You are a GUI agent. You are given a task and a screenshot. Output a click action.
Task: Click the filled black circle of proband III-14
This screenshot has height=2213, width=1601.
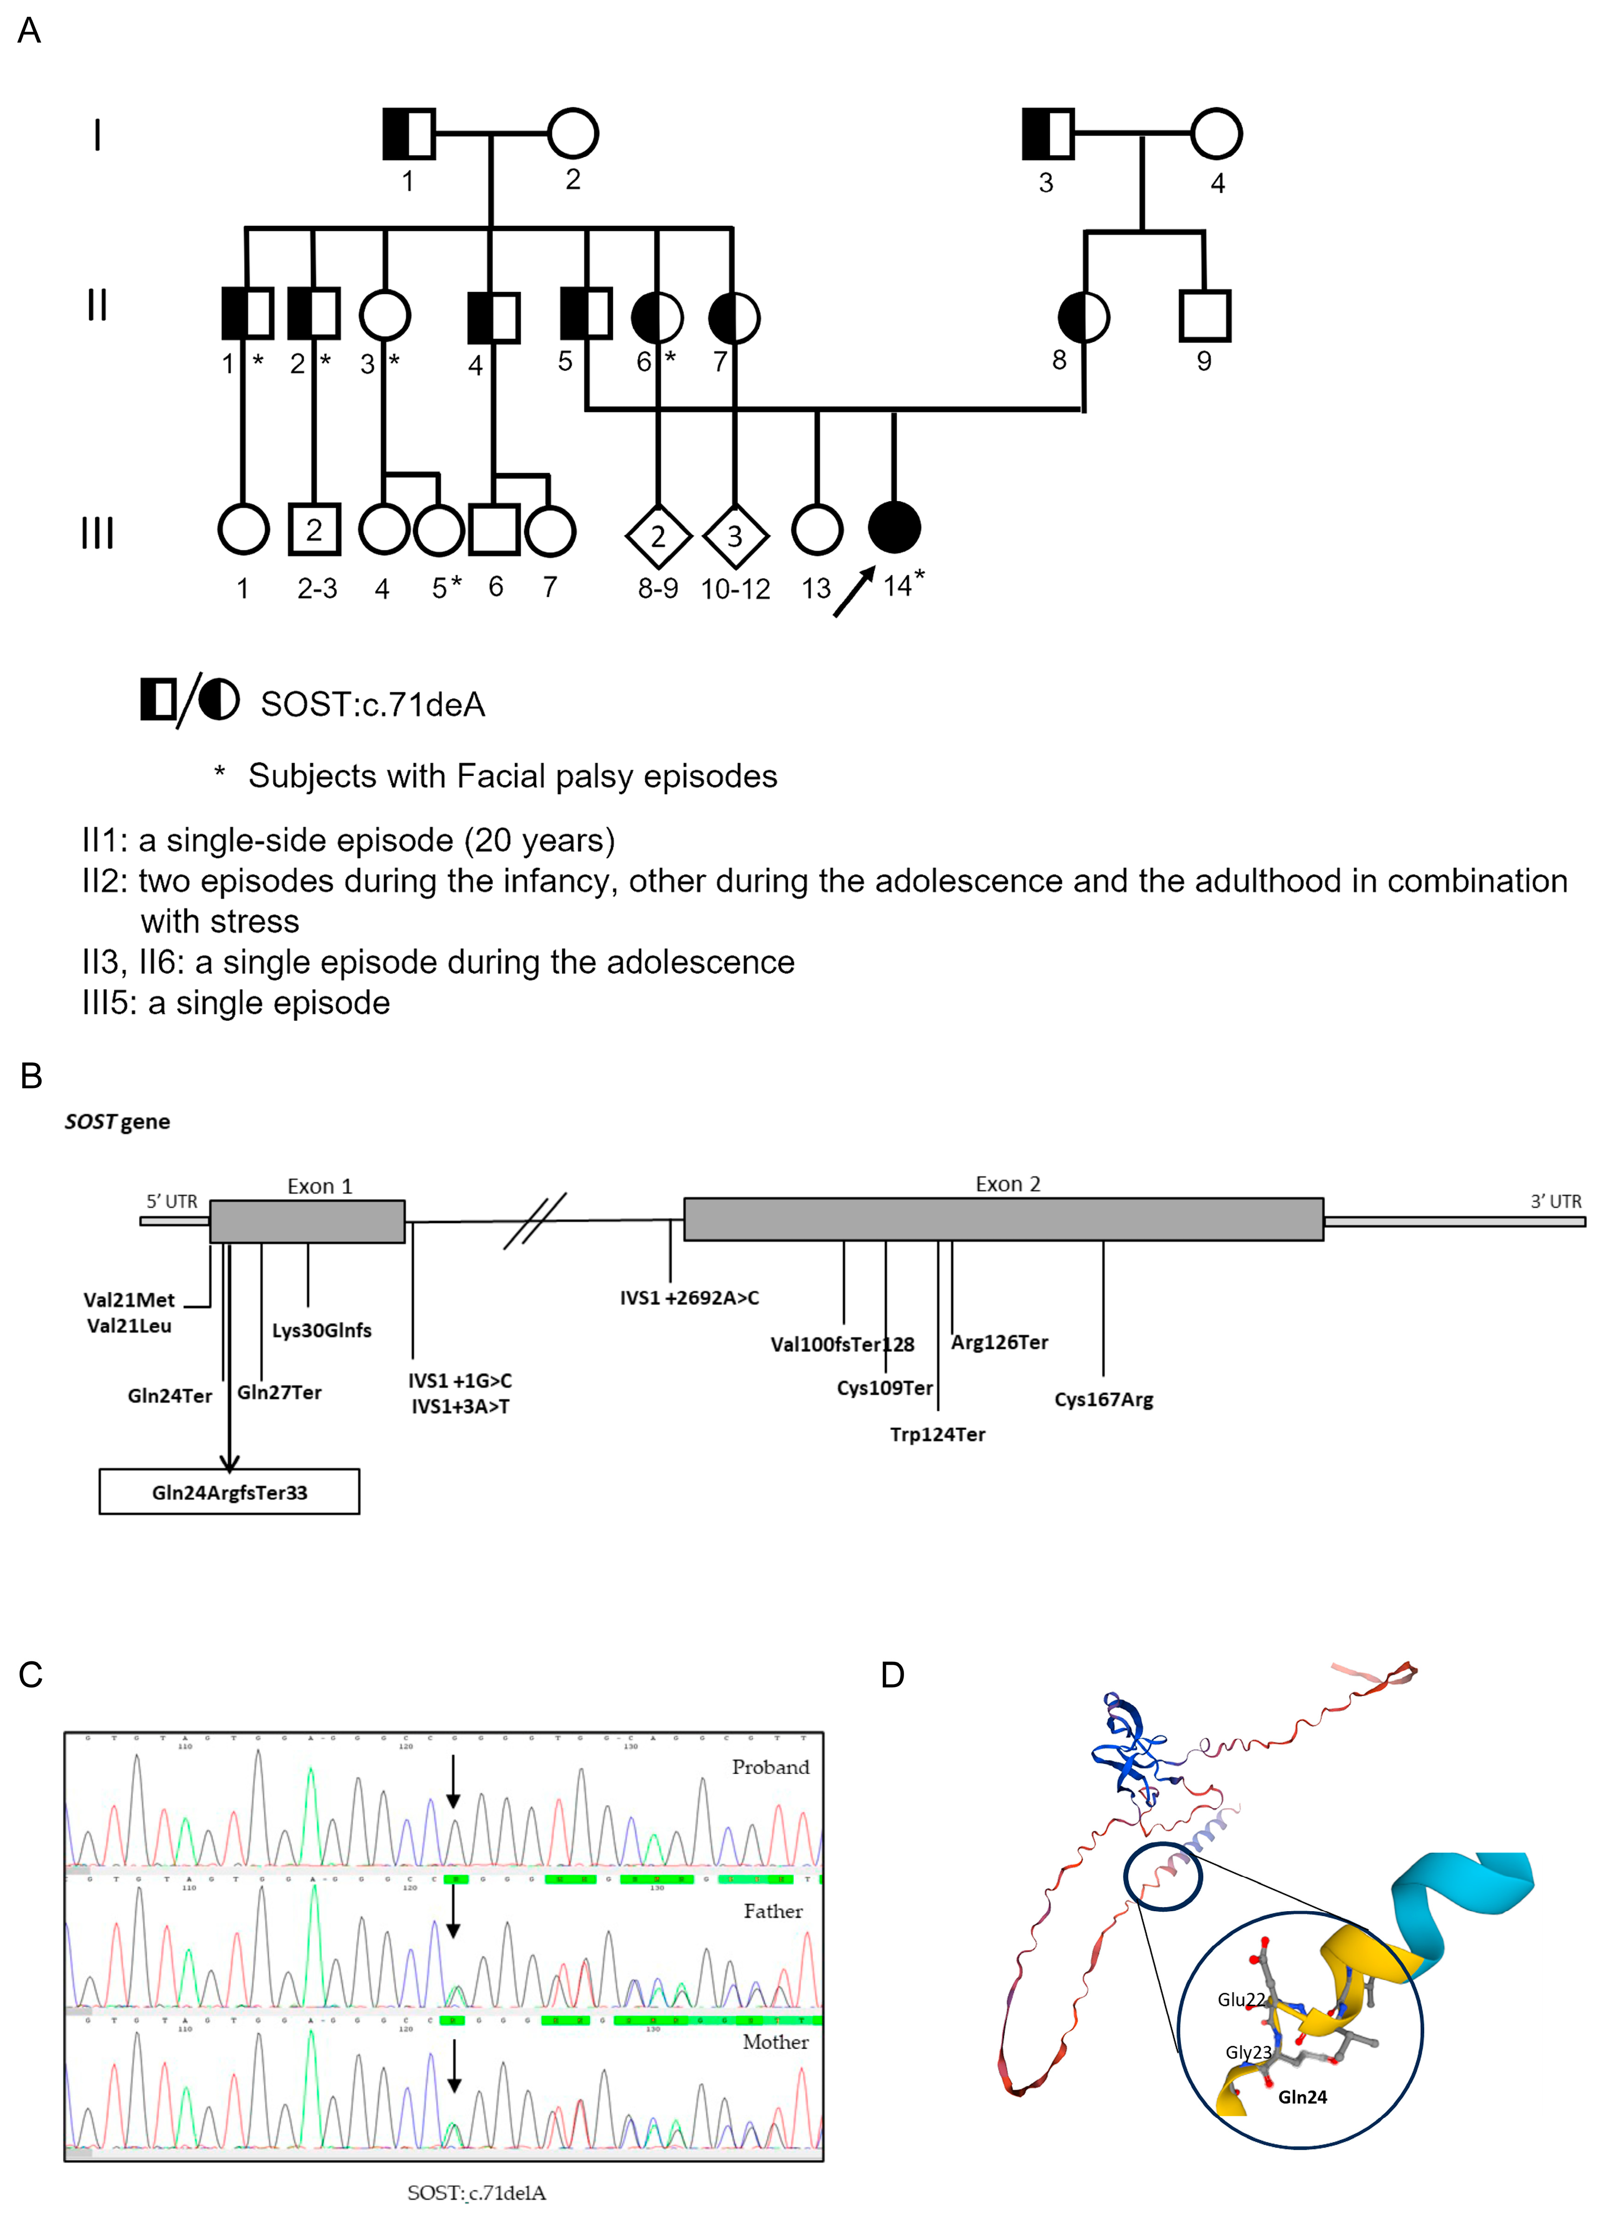(894, 528)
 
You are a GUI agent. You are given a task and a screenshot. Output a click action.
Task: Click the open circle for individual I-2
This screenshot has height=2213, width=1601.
(573, 134)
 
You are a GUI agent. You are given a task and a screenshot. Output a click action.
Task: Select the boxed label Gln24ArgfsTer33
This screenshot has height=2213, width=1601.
(229, 1492)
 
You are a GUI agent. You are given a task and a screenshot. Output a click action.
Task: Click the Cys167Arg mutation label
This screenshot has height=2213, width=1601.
(1103, 1399)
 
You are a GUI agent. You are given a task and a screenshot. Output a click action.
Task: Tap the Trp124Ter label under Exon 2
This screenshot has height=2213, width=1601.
(937, 1434)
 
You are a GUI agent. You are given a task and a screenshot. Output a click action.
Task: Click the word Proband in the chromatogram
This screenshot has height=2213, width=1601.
(771, 1767)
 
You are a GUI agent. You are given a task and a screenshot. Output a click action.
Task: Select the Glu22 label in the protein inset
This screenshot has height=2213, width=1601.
(1240, 1999)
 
